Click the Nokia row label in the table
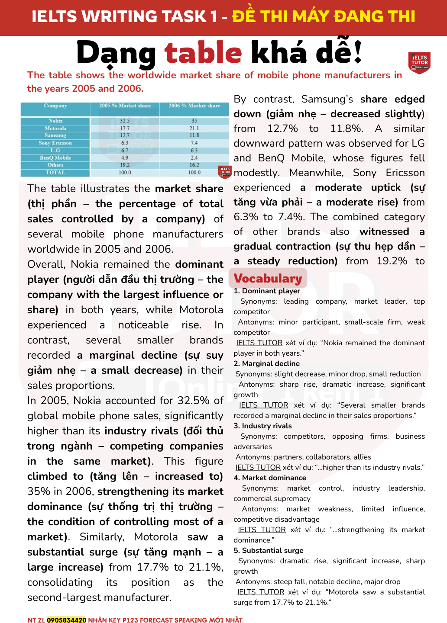pos(55,121)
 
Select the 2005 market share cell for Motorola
pos(125,128)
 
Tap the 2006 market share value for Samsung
pos(194,135)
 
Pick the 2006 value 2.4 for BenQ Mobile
pos(194,158)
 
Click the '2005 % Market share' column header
pos(125,106)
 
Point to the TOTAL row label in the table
pos(55,173)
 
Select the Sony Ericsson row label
pos(55,143)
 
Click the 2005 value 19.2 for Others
pos(125,165)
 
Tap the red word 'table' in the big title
pos(203,53)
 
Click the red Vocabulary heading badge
pos(268,279)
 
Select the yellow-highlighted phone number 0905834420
pos(67,620)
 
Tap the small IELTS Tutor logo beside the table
pos(225,172)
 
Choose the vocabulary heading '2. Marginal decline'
pos(266,363)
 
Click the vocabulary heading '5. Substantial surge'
pos(268,550)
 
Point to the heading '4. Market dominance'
pos(269,478)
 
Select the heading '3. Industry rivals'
pos(262,426)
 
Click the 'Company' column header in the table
pos(55,106)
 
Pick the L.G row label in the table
pos(55,151)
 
